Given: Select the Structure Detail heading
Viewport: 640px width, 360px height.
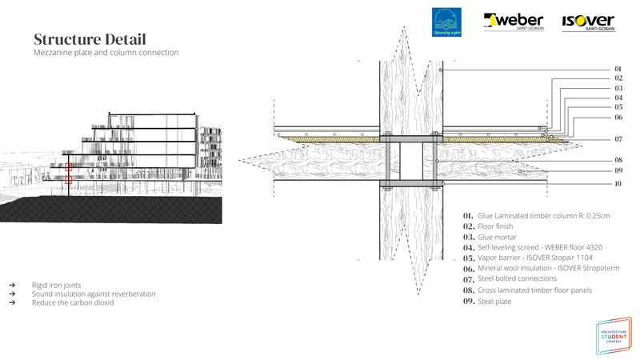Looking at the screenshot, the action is click(x=90, y=39).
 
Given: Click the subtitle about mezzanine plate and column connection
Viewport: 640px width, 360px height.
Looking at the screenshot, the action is click(x=106, y=53).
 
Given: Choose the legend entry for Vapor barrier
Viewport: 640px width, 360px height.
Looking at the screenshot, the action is click(x=534, y=259).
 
